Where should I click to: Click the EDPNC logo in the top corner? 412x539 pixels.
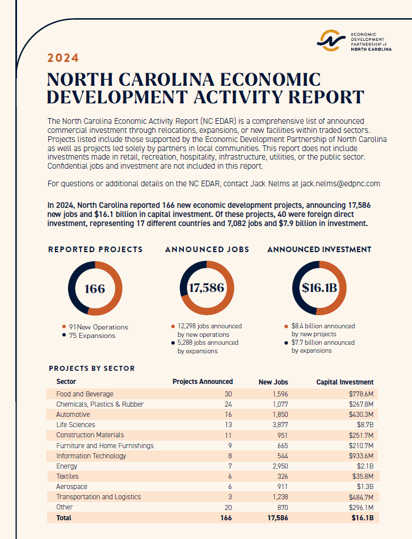click(355, 40)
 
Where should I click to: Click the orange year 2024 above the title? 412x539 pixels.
click(63, 58)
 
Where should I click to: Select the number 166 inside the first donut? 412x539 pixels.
click(94, 289)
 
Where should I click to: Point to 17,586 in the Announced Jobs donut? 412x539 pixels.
click(207, 288)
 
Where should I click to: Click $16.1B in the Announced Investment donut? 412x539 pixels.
click(319, 288)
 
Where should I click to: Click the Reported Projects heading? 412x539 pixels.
click(95, 249)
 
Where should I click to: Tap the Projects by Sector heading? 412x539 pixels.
click(92, 368)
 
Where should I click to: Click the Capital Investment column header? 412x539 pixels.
click(344, 382)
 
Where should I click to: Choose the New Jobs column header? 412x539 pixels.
click(273, 382)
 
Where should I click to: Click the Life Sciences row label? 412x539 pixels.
click(75, 425)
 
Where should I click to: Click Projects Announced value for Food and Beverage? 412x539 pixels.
click(229, 394)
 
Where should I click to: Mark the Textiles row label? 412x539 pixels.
click(68, 477)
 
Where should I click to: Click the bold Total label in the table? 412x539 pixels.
click(64, 518)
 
